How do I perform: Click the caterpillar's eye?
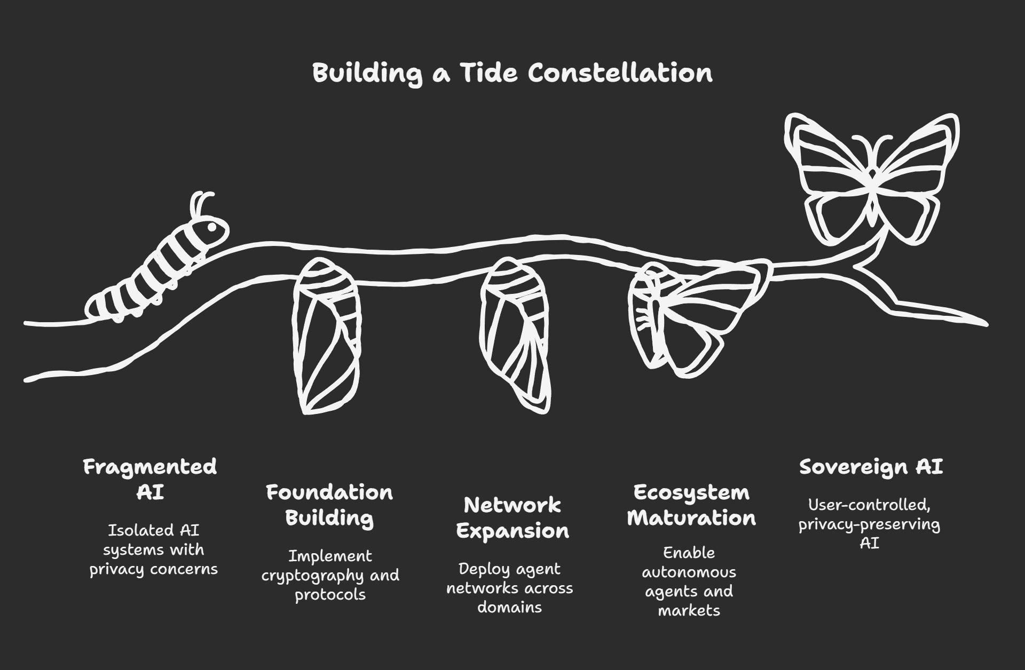[x=212, y=227]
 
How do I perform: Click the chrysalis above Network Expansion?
[x=515, y=333]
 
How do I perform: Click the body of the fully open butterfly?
[x=871, y=192]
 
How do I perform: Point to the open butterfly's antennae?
[x=871, y=144]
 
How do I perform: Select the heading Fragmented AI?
[x=150, y=479]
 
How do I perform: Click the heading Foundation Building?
[x=329, y=505]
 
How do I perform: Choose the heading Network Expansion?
[x=512, y=517]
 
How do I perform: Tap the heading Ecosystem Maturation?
[x=691, y=505]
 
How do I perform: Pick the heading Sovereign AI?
[x=871, y=467]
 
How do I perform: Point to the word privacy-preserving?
[x=869, y=524]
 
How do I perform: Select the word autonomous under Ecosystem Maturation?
[x=689, y=572]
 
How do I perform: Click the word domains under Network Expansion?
[x=509, y=607]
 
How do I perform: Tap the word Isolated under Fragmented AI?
[x=133, y=530]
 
